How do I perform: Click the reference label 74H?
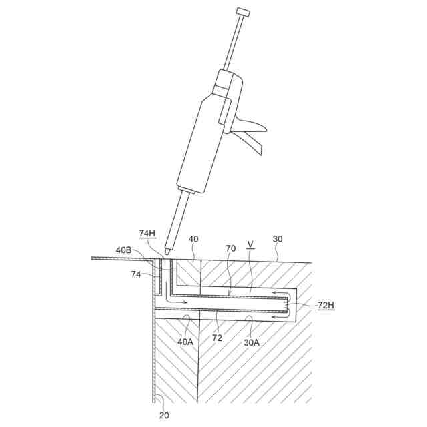(x=147, y=233)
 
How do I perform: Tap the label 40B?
(x=123, y=250)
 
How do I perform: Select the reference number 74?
(x=135, y=274)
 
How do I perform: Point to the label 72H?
(x=327, y=305)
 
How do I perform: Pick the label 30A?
(x=251, y=341)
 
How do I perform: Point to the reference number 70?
(x=230, y=248)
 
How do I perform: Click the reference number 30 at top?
(x=277, y=239)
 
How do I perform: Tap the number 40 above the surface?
(x=193, y=239)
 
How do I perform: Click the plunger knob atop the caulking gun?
(x=243, y=12)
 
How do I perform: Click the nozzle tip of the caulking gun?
(x=167, y=251)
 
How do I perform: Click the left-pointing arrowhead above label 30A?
(x=274, y=317)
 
